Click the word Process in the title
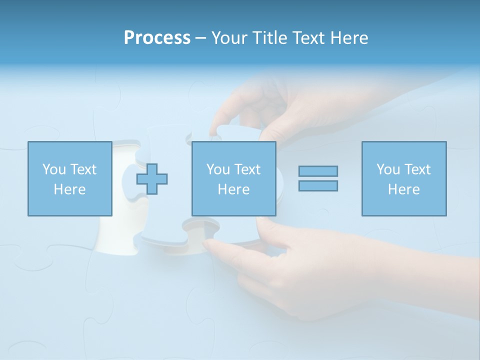[157, 38]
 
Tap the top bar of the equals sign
[318, 171]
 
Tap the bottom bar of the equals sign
[318, 185]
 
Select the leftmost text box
[70, 178]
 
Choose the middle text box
[233, 178]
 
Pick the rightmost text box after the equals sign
[403, 178]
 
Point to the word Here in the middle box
[233, 189]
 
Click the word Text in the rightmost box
[417, 169]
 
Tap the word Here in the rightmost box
[403, 189]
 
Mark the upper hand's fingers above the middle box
[235, 105]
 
